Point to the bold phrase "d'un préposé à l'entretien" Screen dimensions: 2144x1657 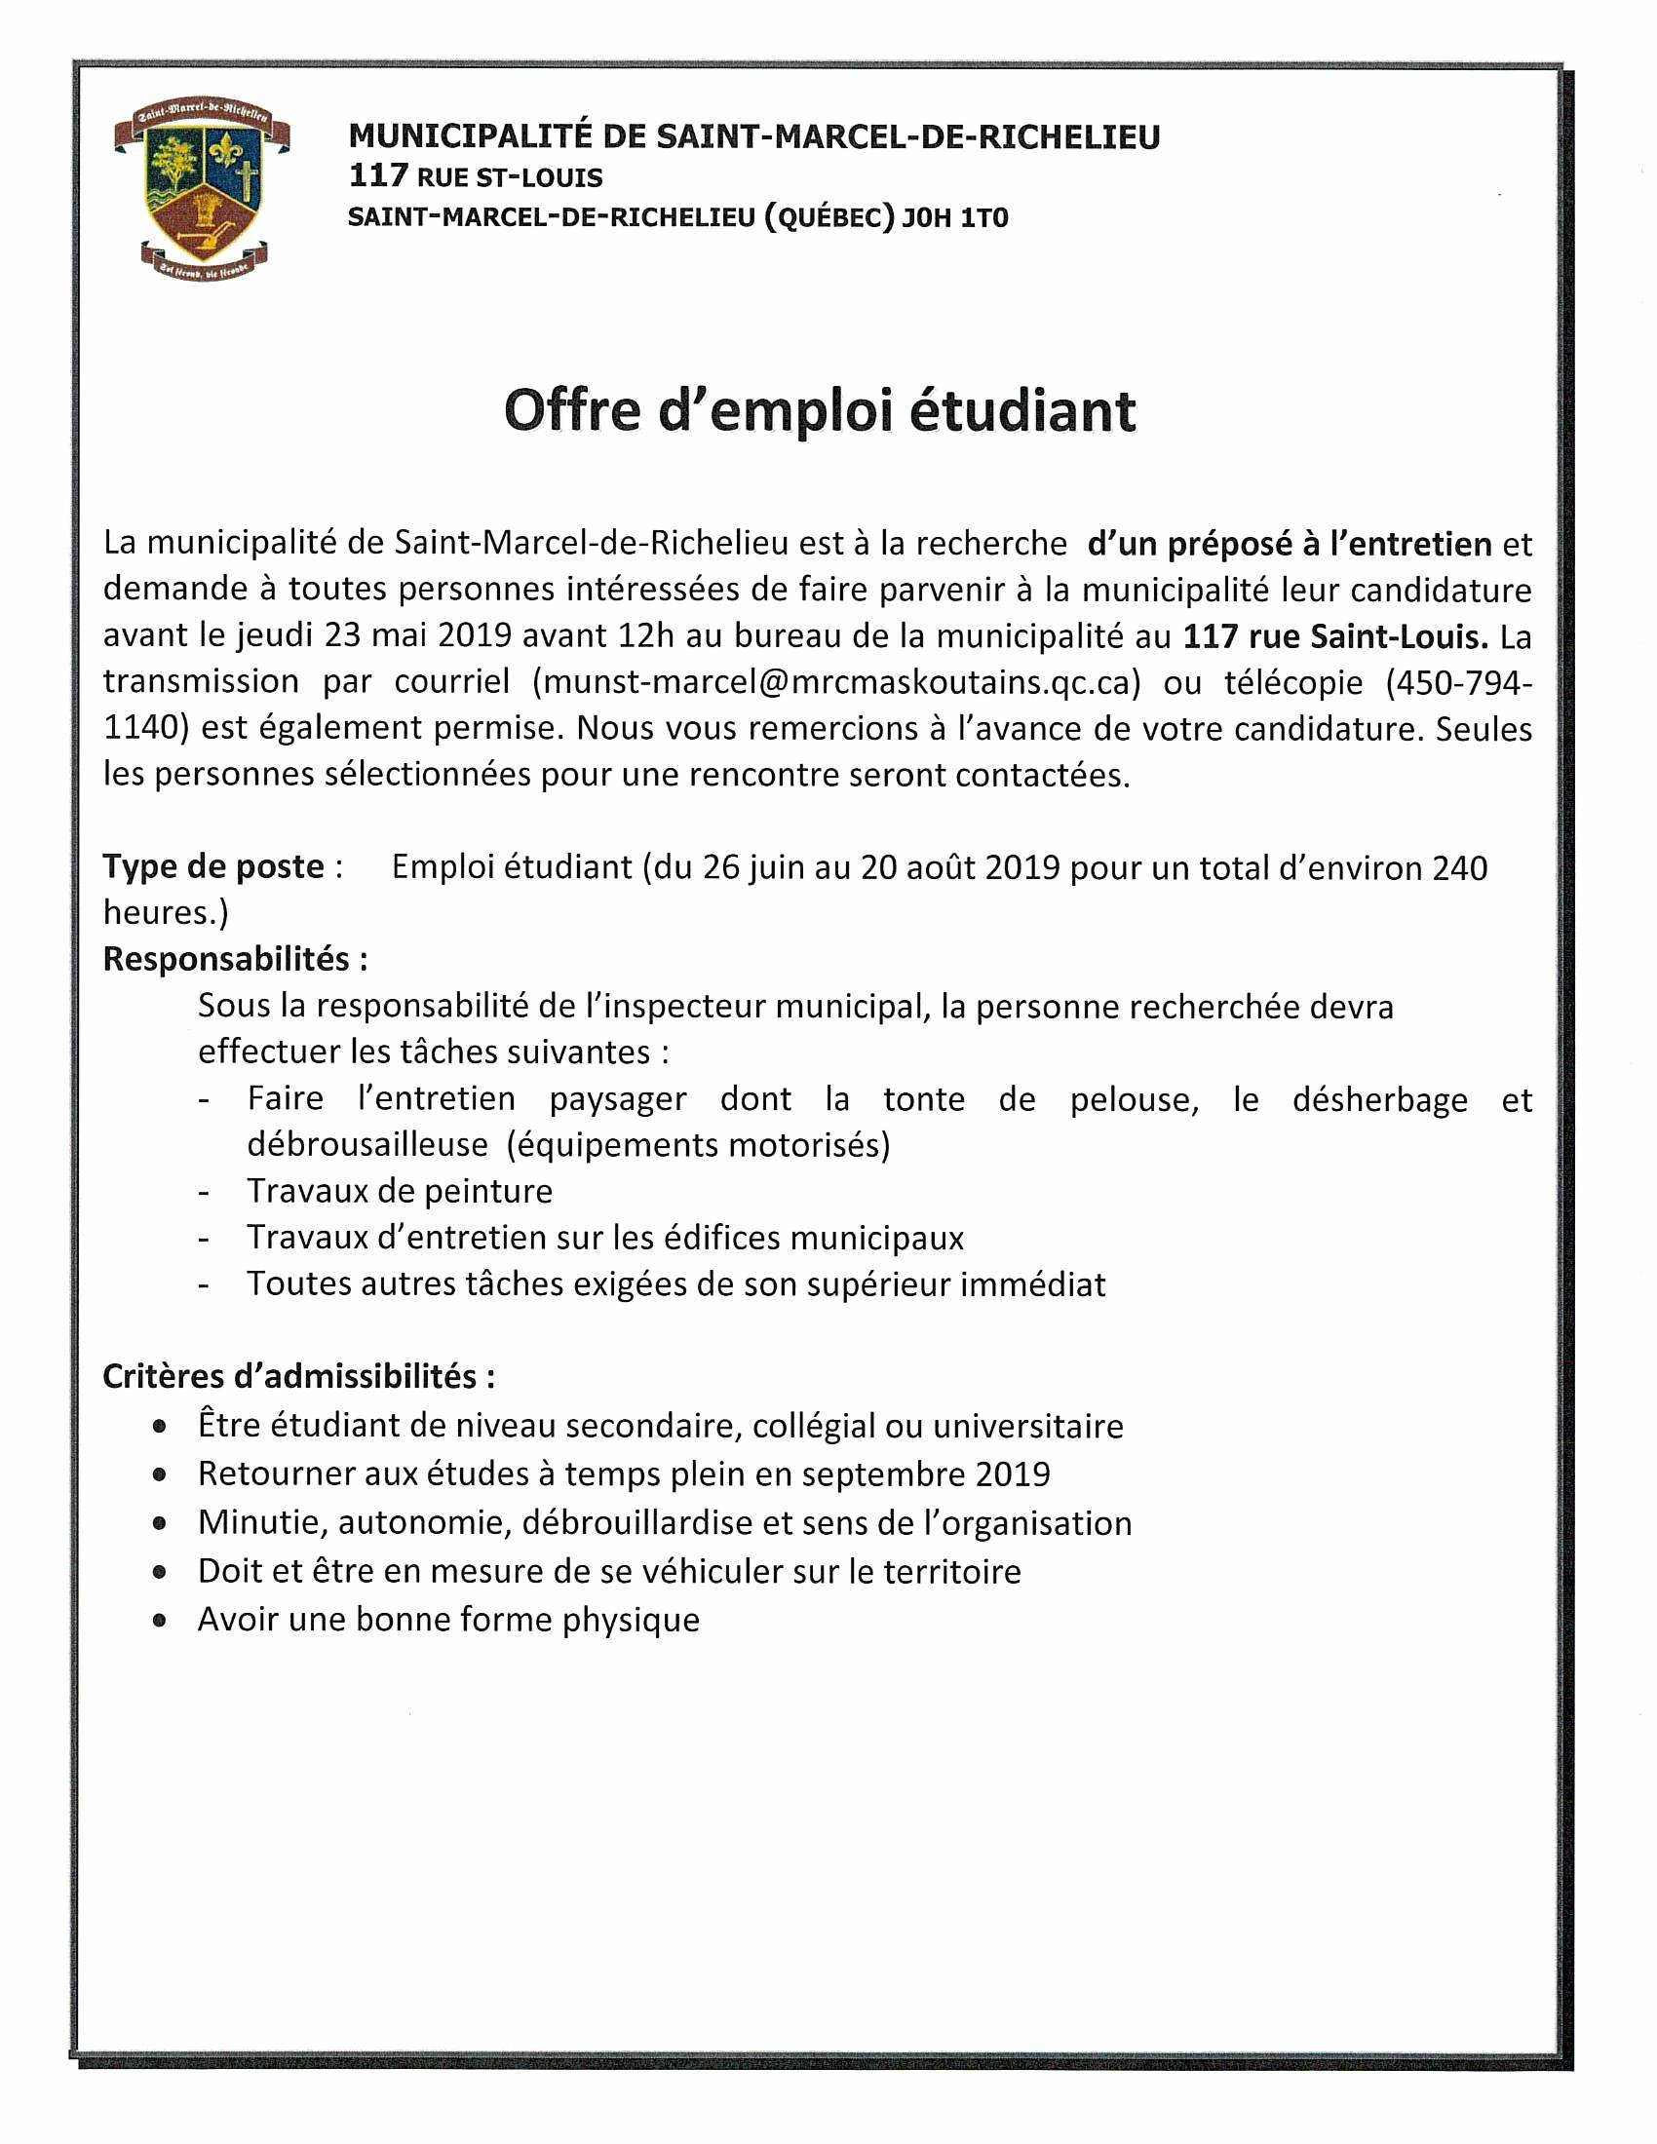[1289, 544]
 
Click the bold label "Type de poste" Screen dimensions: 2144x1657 [213, 866]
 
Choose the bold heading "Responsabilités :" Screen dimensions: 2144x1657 [236, 959]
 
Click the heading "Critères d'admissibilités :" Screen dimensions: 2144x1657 [298, 1376]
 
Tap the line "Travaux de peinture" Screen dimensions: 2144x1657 [400, 1191]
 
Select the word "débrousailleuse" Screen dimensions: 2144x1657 [367, 1145]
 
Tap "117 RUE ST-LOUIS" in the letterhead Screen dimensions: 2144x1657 [476, 177]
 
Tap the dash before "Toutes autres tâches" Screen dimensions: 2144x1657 [203, 1285]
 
